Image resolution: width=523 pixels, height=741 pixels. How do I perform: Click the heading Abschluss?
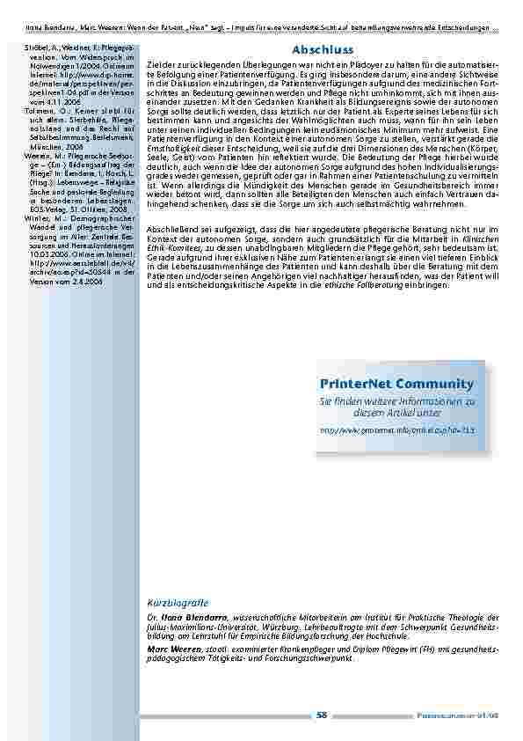[x=322, y=52]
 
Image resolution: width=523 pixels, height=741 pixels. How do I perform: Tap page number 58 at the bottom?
[x=322, y=715]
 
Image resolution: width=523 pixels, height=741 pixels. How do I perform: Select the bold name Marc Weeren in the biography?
[x=171, y=648]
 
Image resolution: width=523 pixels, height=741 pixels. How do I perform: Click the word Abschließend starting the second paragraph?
[x=175, y=227]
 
